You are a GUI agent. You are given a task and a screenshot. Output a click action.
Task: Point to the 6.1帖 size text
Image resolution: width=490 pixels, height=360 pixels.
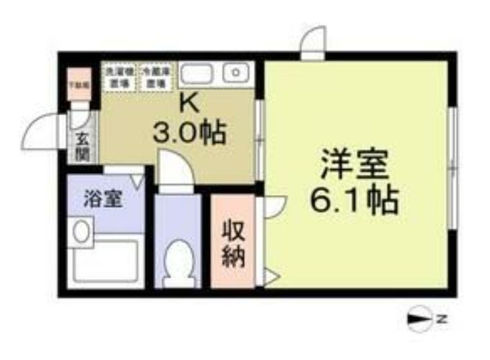point(354,199)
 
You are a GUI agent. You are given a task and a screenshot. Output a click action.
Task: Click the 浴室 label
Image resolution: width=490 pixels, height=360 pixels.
point(102,200)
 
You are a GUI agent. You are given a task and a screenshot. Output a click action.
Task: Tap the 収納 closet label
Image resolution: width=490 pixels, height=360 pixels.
point(233,242)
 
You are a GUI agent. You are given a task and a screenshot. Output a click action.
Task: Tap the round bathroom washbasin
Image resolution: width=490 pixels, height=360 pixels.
point(81,232)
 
